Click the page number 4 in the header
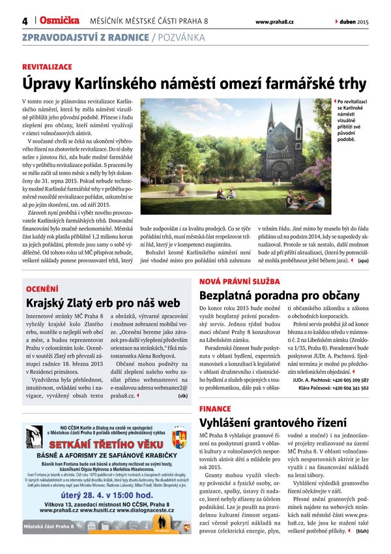25,21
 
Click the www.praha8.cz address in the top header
274,22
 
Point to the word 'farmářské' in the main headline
276,84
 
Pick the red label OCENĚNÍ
40,288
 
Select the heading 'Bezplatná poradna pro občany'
279,295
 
